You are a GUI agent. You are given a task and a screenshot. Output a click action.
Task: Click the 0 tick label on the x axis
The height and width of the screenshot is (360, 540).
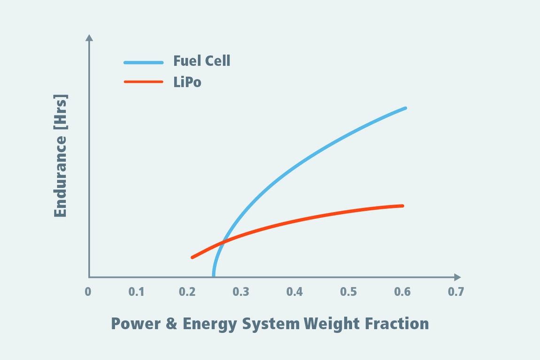click(x=88, y=292)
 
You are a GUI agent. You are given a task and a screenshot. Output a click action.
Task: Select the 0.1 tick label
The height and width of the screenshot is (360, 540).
click(x=136, y=292)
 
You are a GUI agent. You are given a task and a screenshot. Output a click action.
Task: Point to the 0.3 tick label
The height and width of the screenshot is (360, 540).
click(x=241, y=292)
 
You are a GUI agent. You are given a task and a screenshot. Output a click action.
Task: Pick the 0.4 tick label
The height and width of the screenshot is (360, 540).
click(x=295, y=292)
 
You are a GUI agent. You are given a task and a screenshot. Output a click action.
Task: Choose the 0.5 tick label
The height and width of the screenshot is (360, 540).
click(x=348, y=292)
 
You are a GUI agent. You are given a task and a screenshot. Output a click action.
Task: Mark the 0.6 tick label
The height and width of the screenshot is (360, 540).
click(x=402, y=292)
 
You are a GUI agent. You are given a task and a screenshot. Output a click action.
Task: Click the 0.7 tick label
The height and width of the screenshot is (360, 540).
click(x=455, y=292)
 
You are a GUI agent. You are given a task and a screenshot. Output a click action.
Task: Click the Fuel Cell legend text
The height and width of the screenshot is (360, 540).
click(x=201, y=61)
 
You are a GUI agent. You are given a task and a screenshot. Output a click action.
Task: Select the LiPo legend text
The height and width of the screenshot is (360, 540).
click(x=187, y=82)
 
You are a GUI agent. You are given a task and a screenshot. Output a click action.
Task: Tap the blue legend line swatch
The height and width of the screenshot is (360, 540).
click(x=143, y=62)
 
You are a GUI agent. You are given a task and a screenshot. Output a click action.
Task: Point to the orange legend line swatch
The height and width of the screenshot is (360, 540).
click(x=143, y=82)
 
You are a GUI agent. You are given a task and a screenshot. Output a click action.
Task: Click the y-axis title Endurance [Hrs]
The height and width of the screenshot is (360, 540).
click(x=61, y=156)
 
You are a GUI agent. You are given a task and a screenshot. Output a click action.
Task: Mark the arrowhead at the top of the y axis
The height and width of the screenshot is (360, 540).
click(x=89, y=37)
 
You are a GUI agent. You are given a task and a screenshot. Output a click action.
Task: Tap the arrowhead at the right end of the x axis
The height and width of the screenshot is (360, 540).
click(x=457, y=277)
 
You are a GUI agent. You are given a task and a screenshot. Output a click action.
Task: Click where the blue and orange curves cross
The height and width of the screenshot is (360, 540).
click(x=223, y=242)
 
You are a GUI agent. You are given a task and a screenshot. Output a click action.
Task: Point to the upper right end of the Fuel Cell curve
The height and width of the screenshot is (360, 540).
click(x=405, y=108)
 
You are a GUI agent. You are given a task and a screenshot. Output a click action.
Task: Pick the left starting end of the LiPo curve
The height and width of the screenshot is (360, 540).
click(x=192, y=257)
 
